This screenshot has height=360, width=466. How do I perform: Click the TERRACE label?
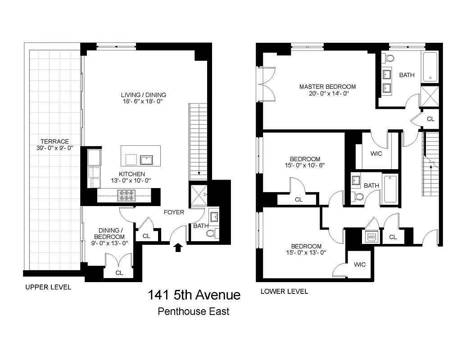(x=54, y=141)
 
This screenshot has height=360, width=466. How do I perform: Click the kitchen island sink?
(x=147, y=160)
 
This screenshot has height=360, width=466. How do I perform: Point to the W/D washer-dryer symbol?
(x=372, y=237)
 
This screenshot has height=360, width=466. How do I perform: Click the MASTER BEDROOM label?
(x=327, y=87)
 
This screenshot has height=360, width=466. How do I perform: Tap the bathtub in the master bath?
(x=430, y=67)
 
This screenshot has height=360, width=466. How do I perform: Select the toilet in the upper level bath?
(x=211, y=234)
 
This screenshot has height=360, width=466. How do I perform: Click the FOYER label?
(x=174, y=212)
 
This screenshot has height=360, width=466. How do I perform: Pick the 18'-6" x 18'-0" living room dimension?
(x=143, y=102)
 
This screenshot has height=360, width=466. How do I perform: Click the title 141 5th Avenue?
(x=194, y=295)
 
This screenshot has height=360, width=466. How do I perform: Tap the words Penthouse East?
(x=194, y=311)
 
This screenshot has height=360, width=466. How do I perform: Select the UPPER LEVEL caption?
(x=48, y=287)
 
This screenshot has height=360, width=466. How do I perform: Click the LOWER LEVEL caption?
(x=285, y=292)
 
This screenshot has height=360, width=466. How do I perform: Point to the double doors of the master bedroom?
(x=266, y=84)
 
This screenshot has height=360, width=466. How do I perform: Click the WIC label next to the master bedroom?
(x=376, y=154)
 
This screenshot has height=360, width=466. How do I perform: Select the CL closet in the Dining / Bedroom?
(x=119, y=273)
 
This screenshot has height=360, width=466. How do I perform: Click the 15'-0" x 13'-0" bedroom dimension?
(x=306, y=252)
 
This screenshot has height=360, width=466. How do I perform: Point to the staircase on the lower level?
(x=431, y=164)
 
